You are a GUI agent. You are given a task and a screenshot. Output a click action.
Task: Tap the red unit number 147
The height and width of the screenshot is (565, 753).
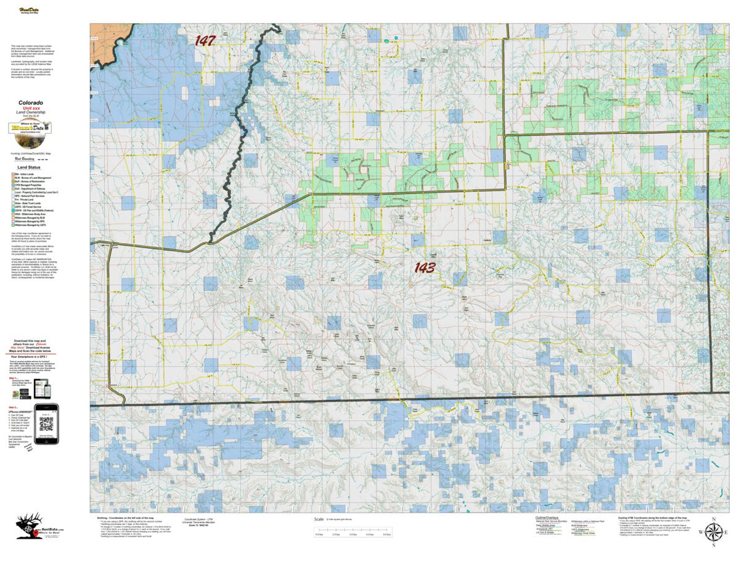coord(205,40)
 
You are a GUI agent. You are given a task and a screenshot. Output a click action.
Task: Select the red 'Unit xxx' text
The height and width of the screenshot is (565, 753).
coord(31,107)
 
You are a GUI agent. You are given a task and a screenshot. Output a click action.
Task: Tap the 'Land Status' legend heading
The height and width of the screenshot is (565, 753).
coord(30,168)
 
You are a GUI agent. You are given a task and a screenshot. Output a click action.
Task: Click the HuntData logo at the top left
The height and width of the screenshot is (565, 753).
coord(28,11)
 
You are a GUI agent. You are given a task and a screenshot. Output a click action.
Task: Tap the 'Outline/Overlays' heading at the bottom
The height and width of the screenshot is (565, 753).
coord(547,517)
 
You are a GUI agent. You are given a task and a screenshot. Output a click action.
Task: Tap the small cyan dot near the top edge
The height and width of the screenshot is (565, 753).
coord(396,39)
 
